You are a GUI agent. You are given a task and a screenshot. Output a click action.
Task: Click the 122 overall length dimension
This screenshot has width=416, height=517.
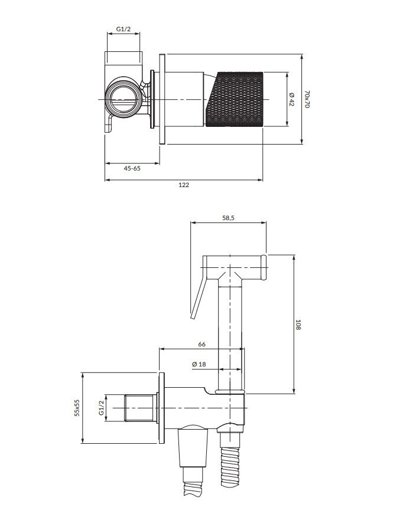[184, 185]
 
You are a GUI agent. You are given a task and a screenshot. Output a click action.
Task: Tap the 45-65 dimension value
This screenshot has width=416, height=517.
[132, 168]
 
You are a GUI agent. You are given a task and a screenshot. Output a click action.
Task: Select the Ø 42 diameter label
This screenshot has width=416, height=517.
[291, 100]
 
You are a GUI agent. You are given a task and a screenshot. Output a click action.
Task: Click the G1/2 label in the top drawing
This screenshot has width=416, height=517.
[123, 28]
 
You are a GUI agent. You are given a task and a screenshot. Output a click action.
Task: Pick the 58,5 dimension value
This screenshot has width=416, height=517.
[228, 218]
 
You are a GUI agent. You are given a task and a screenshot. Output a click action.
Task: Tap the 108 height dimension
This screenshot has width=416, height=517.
[298, 325]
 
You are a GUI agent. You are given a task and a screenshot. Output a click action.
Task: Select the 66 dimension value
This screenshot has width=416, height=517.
[201, 345]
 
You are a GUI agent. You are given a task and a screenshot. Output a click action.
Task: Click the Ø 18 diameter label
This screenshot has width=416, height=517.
[199, 364]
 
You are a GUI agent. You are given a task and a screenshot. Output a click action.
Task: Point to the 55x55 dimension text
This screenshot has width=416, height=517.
[76, 408]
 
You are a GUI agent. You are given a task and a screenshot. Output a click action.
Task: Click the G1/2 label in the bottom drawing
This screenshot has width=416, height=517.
[101, 408]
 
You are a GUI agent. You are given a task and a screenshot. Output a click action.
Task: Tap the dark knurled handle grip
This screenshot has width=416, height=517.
[235, 99]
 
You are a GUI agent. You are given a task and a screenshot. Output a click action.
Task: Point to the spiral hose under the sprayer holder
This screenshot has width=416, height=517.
[229, 466]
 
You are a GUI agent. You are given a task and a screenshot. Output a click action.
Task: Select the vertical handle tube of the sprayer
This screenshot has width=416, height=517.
[231, 336]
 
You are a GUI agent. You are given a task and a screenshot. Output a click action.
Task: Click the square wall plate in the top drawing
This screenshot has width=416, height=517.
[162, 99]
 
